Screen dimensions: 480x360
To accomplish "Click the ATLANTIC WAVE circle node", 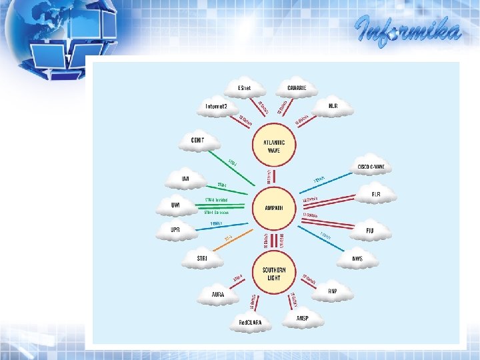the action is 274,146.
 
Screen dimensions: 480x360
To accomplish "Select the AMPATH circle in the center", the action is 274,208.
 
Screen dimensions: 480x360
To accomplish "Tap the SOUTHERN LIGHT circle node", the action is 274,273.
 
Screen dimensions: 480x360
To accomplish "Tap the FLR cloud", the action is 376,194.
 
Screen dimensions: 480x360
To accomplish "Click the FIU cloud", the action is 370,231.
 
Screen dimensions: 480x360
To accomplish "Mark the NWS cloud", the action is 357,259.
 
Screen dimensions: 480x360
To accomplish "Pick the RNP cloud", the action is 333,291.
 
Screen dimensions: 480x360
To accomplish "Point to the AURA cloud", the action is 217,294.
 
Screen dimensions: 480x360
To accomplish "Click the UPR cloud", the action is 175,230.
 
